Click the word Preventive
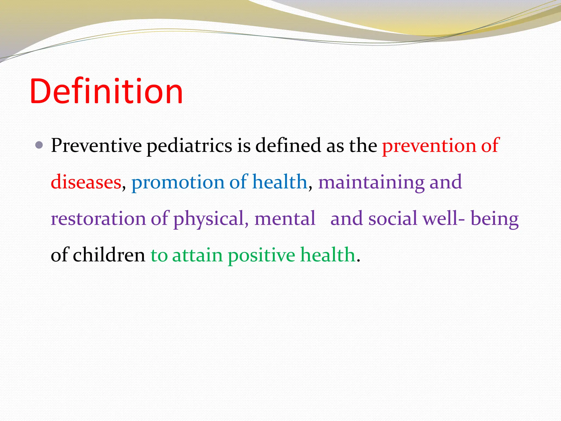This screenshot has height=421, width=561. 96,145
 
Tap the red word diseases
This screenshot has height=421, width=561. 86,182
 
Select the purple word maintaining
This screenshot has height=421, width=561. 371,183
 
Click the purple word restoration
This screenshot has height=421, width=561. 98,219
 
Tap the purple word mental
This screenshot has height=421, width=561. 285,219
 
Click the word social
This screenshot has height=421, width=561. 393,219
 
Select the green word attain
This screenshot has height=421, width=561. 197,255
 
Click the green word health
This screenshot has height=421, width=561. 328,255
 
